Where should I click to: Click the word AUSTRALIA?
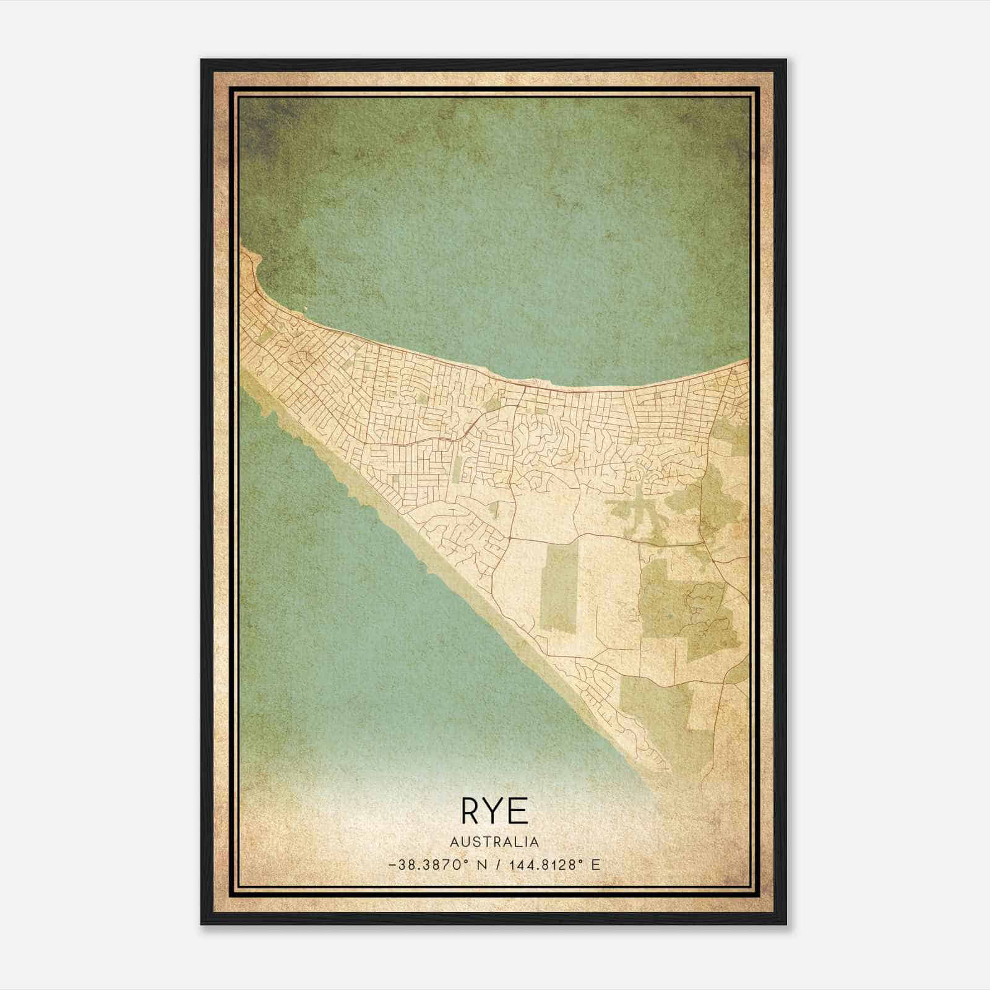[x=494, y=841]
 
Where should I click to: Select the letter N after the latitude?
[x=484, y=865]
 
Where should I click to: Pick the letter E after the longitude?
[x=595, y=865]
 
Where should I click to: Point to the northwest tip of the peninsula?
[x=243, y=251]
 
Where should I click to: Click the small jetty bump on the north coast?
[x=527, y=382]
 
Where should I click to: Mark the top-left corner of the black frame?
[x=202, y=60]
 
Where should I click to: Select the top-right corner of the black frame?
[x=786, y=60]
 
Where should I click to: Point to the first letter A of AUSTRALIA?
[x=455, y=841]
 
